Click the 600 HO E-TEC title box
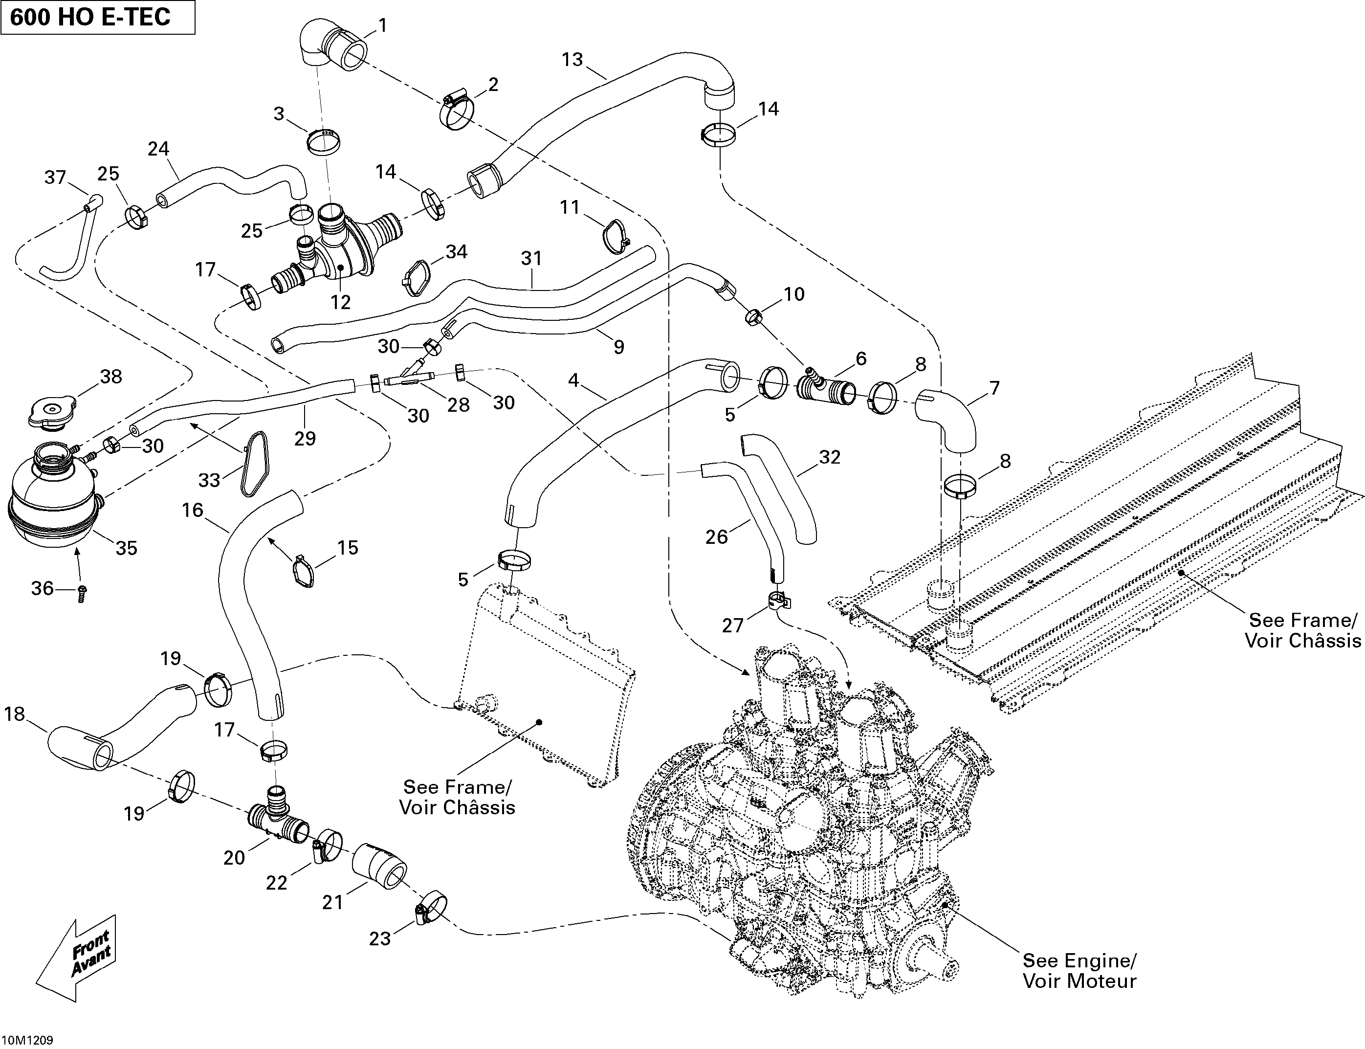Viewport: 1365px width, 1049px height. coord(97,18)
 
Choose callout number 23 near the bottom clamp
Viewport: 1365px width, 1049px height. coord(379,938)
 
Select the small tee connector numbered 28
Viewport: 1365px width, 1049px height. coord(409,379)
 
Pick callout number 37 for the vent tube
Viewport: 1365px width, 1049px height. coord(55,178)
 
